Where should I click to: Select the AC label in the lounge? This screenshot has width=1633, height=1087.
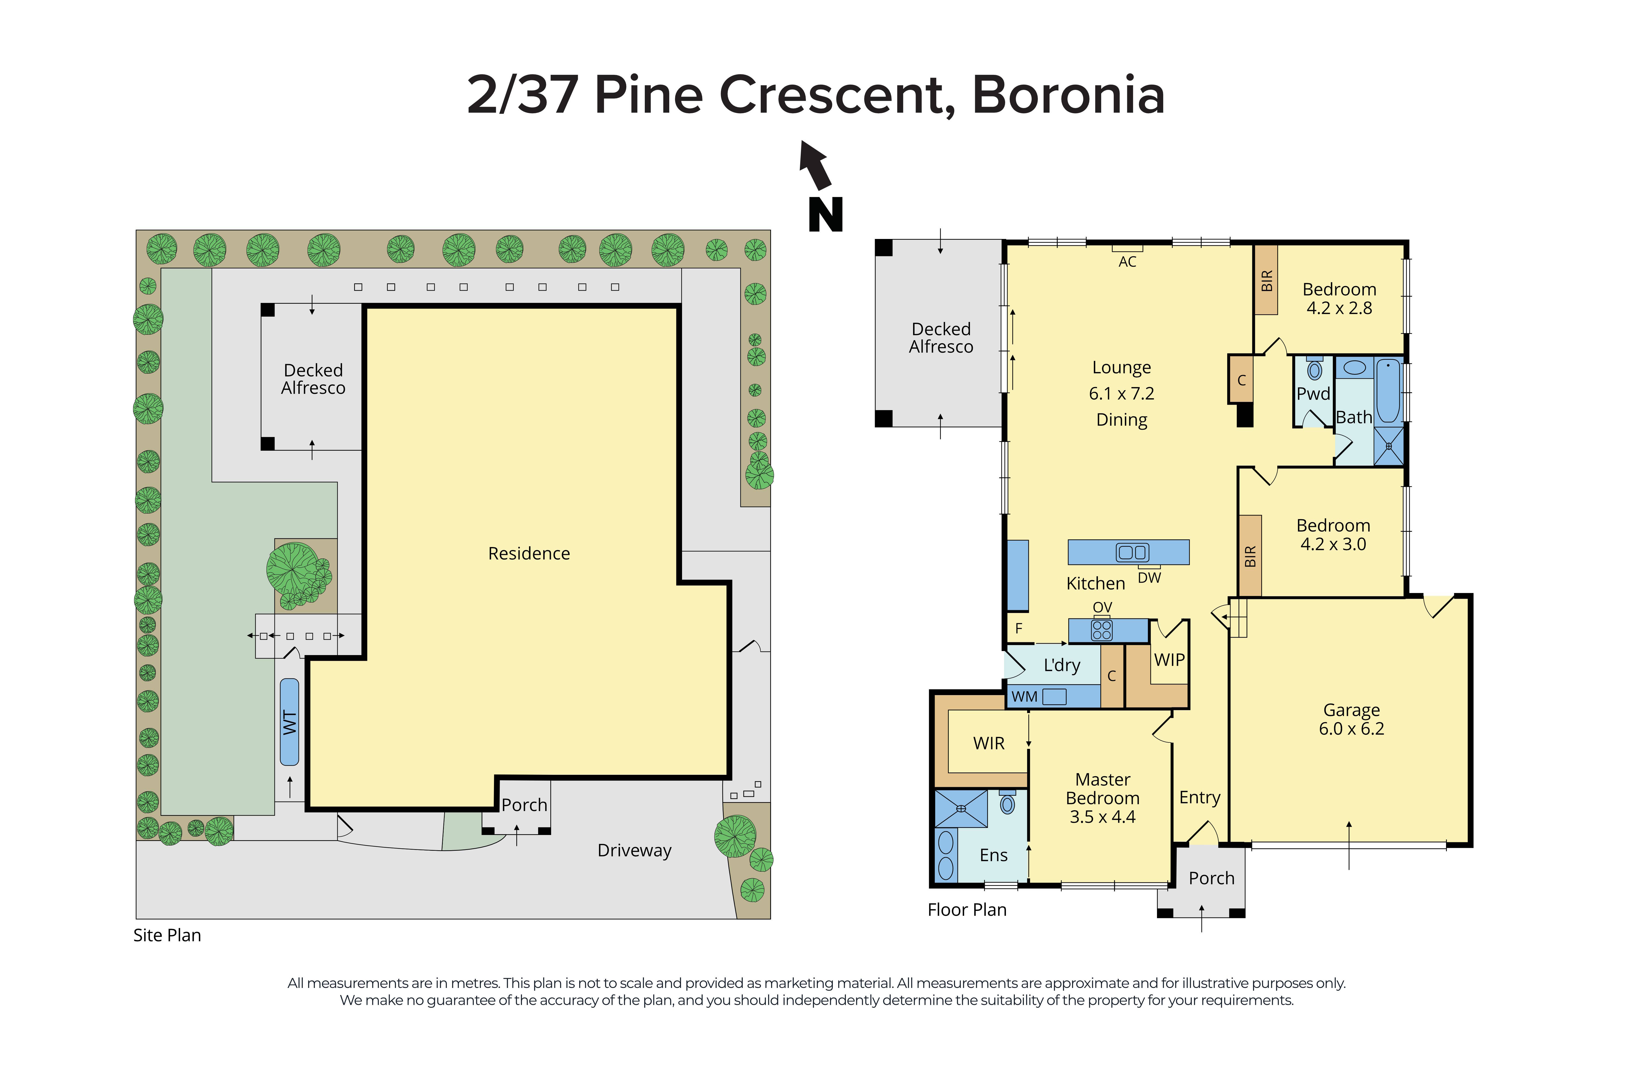coord(1127,261)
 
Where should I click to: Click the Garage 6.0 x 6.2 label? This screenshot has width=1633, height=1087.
coord(1351,719)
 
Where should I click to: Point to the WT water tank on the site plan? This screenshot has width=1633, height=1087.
coord(289,722)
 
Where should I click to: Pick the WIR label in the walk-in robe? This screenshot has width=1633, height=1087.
coord(989,743)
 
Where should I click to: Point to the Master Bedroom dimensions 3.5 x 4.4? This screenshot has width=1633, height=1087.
coord(1102,817)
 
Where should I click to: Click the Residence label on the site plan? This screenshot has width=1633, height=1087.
coord(529,553)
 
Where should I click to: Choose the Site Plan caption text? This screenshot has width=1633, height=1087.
coord(167,935)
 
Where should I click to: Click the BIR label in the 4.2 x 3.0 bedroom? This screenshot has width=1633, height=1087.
coord(1250,556)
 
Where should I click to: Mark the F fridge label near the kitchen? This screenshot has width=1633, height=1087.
coord(1018,629)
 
